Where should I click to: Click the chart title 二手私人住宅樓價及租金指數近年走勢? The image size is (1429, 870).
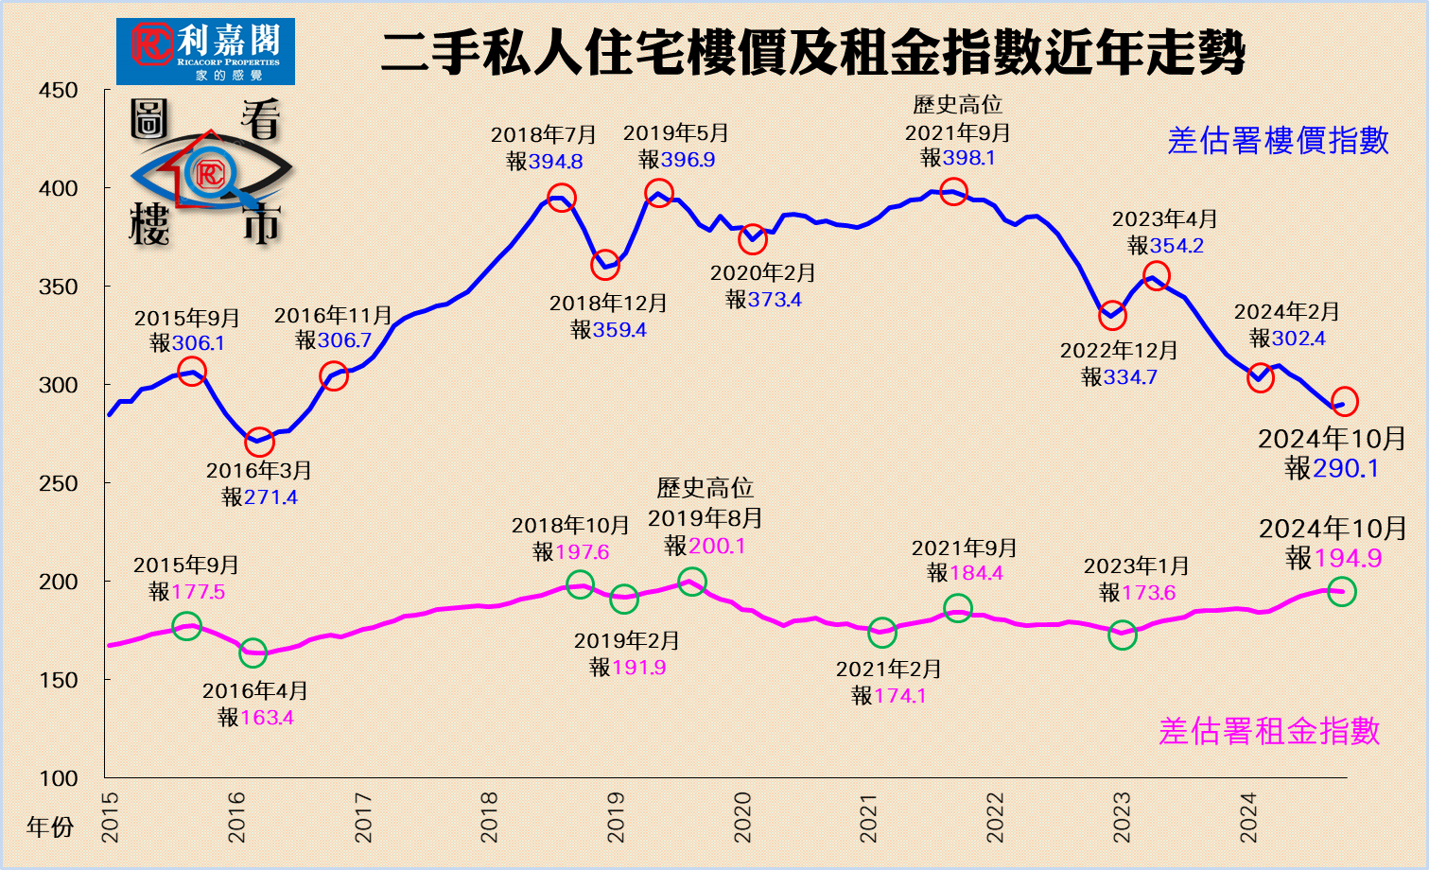pyautogui.click(x=812, y=52)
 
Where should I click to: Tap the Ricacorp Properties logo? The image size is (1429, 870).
pyautogui.click(x=205, y=51)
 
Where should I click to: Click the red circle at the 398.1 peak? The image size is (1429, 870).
pyautogui.click(x=953, y=191)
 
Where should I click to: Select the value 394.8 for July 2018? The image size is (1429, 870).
pyautogui.click(x=555, y=162)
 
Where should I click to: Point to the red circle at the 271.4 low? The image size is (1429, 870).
pyautogui.click(x=259, y=442)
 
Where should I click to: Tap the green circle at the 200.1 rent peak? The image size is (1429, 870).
pyautogui.click(x=691, y=582)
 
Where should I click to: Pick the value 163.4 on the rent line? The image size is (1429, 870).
pyautogui.click(x=267, y=718)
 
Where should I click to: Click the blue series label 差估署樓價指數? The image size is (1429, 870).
pyautogui.click(x=1278, y=141)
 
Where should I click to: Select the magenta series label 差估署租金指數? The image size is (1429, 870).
pyautogui.click(x=1269, y=731)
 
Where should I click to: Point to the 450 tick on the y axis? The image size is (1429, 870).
pyautogui.click(x=59, y=91)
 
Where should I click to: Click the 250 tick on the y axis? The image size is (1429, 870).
pyautogui.click(x=59, y=483)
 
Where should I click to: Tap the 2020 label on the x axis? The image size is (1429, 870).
pyautogui.click(x=742, y=817)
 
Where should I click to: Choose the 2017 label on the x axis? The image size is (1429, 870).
pyautogui.click(x=363, y=817)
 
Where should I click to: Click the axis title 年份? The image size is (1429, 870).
pyautogui.click(x=50, y=827)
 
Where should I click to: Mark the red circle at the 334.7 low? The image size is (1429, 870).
pyautogui.click(x=1112, y=316)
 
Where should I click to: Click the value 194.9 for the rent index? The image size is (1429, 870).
pyautogui.click(x=1348, y=558)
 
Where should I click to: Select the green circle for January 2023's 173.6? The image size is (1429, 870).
pyautogui.click(x=1122, y=635)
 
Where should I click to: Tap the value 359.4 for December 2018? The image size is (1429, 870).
pyautogui.click(x=619, y=330)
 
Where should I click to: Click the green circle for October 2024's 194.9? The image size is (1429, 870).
pyautogui.click(x=1342, y=592)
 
